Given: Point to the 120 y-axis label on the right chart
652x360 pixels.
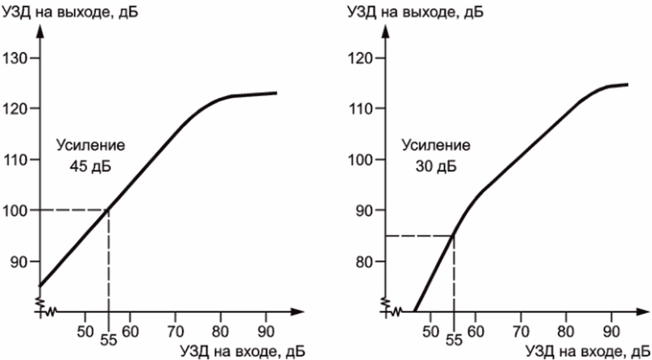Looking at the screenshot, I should tap(363, 58).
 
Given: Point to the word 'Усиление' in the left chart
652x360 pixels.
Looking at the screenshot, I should tap(90, 145).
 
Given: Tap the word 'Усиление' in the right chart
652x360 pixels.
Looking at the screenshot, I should tap(435, 145).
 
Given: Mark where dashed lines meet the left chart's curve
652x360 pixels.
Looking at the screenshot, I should tap(109, 210).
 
